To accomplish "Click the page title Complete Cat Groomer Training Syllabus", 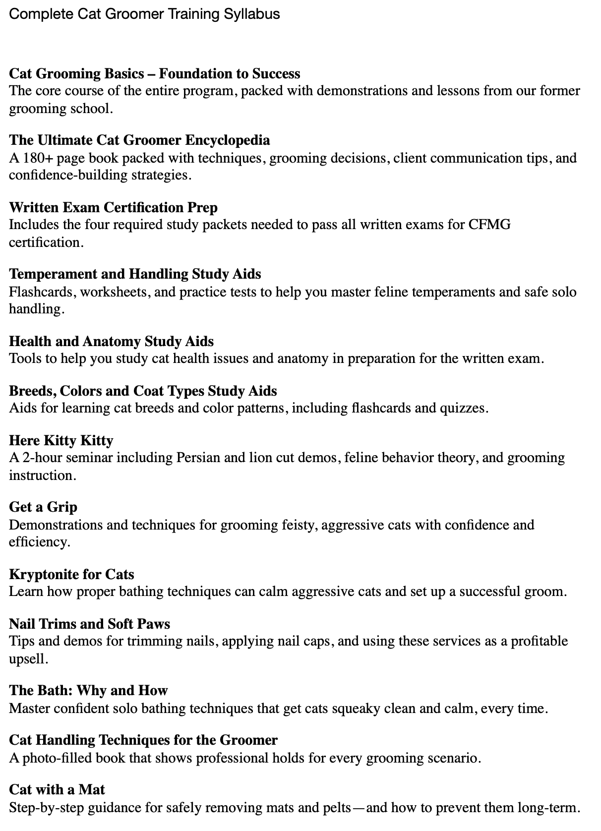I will point(144,14).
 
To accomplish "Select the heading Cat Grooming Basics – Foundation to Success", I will point(154,73).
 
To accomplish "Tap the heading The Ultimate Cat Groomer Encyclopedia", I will point(139,140).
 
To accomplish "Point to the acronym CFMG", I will point(489,225).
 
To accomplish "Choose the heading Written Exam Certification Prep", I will point(113,207).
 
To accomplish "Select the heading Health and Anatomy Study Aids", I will point(111,341).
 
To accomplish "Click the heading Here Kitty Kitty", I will point(61,440).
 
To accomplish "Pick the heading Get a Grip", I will point(43,507).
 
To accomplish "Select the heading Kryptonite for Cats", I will point(71,574).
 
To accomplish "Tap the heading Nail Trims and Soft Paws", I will point(89,623).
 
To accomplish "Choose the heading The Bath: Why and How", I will point(88,690).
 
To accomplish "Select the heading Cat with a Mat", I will point(57,789).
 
